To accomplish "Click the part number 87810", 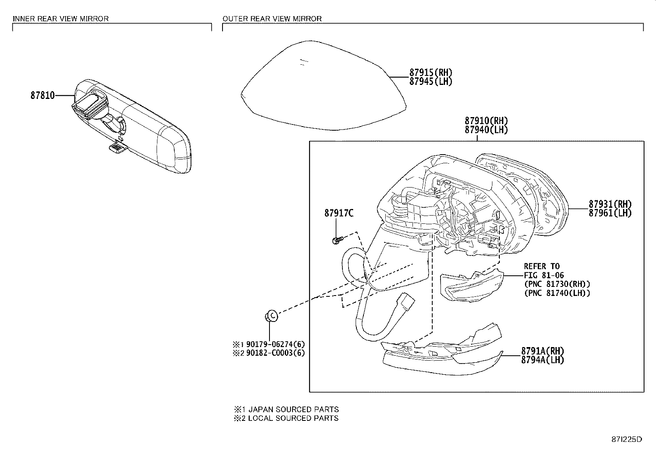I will tap(42, 96).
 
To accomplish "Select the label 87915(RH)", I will tap(431, 73).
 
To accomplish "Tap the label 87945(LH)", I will tap(431, 82).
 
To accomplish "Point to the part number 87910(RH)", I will tap(486, 121).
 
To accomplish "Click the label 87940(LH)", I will tap(486, 129).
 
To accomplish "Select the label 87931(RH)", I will tap(610, 204).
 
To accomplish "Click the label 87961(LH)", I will tap(610, 213).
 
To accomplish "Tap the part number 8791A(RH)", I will tap(542, 351).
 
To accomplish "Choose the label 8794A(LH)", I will tap(542, 360).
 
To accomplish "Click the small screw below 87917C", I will tap(337, 240).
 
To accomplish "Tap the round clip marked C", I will tap(271, 316).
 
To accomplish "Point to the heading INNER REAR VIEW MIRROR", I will tap(61, 19).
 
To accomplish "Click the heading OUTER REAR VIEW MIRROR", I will tap(272, 19).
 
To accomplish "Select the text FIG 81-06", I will tap(544, 275).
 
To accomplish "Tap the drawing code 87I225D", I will tap(626, 439).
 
